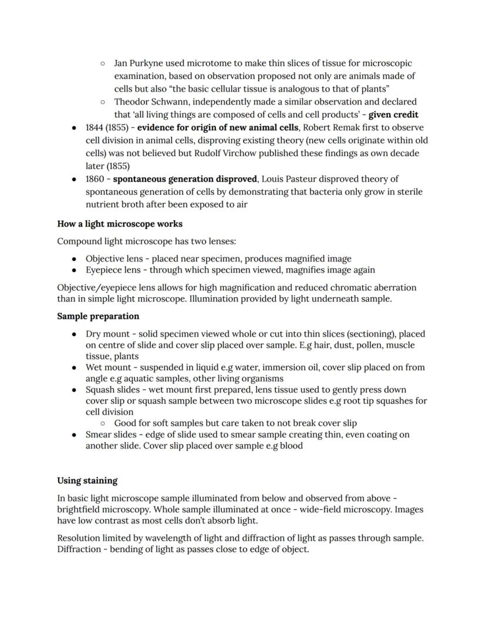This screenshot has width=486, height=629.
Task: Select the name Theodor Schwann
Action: click(150, 102)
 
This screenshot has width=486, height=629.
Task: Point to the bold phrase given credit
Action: click(393, 115)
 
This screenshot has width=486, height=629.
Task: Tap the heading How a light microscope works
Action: click(120, 224)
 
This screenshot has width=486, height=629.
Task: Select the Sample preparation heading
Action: click(98, 316)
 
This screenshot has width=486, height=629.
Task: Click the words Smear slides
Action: click(112, 435)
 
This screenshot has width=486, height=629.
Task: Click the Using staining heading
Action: click(87, 480)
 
